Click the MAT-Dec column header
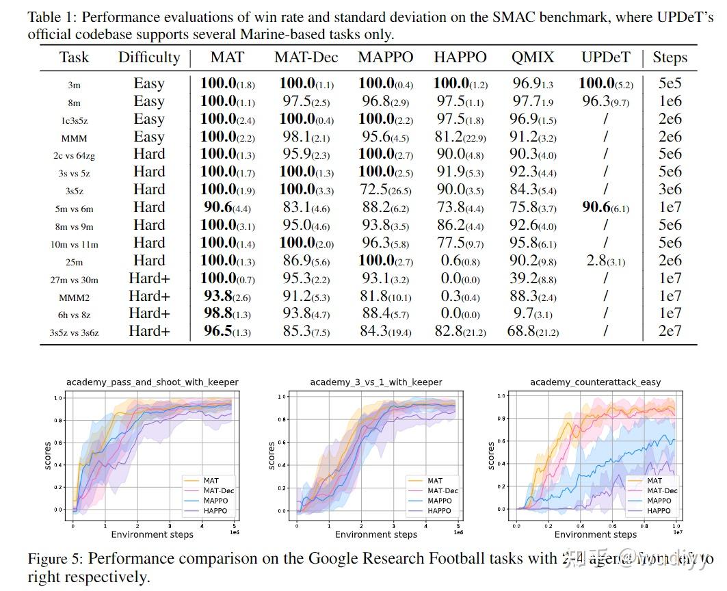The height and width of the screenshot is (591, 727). [306, 57]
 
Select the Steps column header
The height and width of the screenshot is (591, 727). [670, 57]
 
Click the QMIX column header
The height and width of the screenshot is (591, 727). [533, 57]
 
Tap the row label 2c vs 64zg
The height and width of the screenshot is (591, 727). [74, 155]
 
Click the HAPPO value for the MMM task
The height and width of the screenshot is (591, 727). [460, 137]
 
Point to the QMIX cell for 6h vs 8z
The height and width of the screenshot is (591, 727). [533, 314]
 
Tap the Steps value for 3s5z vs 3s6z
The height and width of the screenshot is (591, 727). [670, 332]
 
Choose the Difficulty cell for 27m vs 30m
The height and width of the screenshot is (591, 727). [149, 278]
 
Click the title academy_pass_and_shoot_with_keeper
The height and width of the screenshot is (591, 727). [152, 382]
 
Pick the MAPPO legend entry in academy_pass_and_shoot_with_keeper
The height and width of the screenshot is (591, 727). [215, 501]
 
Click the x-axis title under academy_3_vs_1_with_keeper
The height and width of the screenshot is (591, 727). [375, 534]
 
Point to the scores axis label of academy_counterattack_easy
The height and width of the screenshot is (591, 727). [490, 455]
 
